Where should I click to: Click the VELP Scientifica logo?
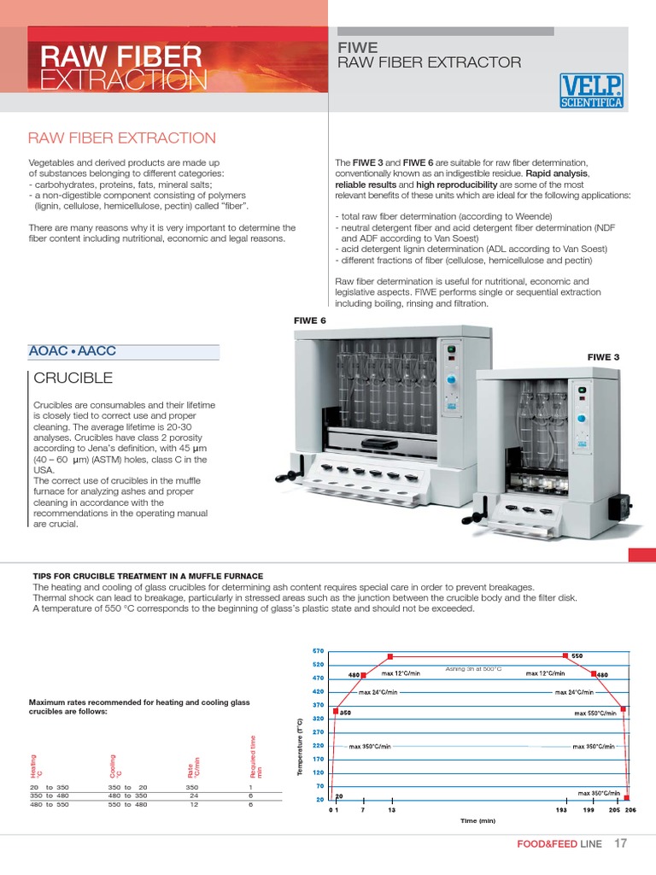tap(591, 91)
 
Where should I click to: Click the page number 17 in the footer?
tap(621, 844)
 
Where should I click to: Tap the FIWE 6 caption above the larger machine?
tap(310, 320)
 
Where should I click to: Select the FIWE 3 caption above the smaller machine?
tap(603, 356)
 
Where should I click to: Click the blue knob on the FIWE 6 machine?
tap(454, 379)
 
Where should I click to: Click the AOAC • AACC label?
tap(72, 352)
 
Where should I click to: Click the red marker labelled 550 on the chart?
tap(565, 655)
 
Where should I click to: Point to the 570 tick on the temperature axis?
tap(318, 650)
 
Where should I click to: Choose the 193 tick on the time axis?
tap(561, 809)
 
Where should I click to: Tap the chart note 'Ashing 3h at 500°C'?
tap(473, 668)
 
